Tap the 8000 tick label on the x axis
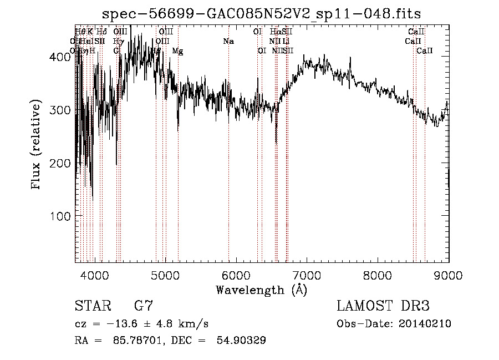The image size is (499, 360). click(378, 276)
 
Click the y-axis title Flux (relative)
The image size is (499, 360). click(37, 145)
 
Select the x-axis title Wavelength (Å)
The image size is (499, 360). click(261, 290)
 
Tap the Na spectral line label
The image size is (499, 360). click(228, 42)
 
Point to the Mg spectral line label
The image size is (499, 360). click(177, 51)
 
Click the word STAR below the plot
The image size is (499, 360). click(91, 306)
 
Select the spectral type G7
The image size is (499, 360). click(143, 306)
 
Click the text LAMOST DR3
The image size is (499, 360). click(383, 306)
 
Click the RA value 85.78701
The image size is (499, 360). click(134, 341)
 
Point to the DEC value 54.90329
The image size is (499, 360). click(241, 341)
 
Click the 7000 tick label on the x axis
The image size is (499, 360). click(307, 276)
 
